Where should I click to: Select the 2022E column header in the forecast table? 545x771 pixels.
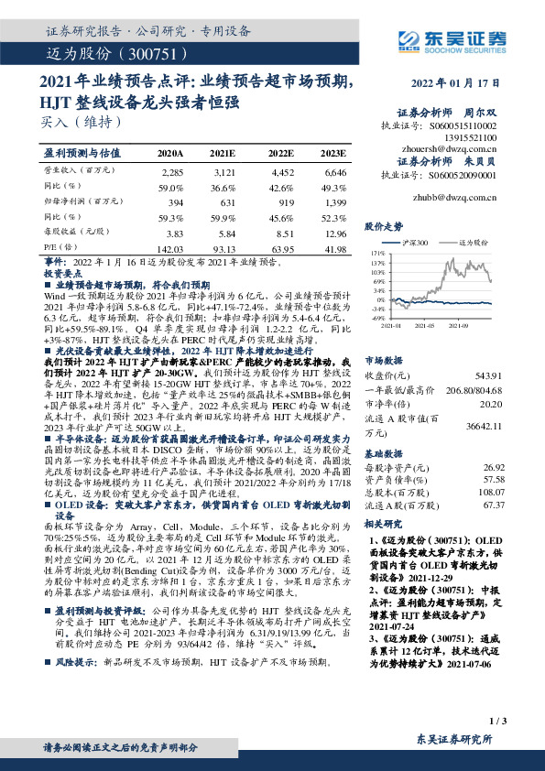[x=281, y=155]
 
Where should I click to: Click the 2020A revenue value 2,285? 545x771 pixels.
[x=172, y=171]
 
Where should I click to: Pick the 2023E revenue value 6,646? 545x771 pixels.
[x=334, y=171]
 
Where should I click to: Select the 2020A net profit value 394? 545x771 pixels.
[x=174, y=203]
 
